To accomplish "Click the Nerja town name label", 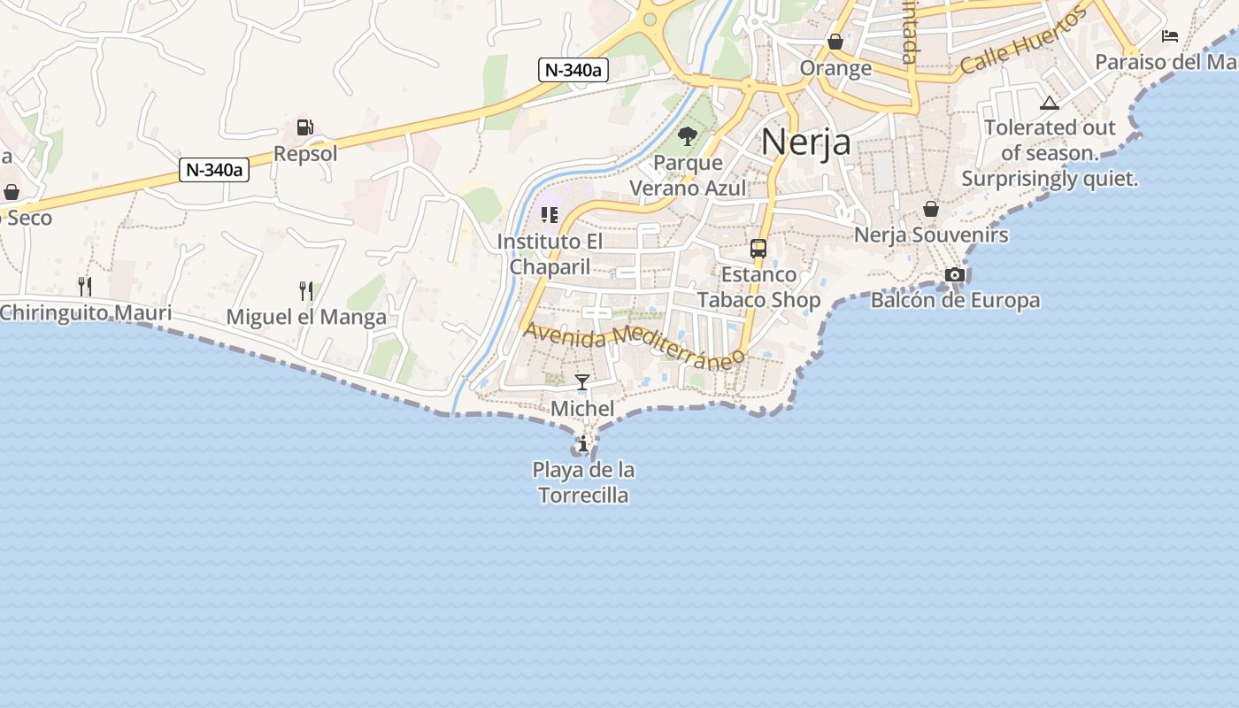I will coord(805,142).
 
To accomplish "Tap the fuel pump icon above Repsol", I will coord(304,127).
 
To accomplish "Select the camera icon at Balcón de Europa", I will coord(954,274).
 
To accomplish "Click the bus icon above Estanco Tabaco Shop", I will coord(758,249).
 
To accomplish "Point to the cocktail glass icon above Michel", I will coord(582,382).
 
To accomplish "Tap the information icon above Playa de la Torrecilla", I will coord(583,443).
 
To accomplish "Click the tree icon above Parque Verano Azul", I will coord(688,136).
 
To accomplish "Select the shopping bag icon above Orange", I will coord(835,42).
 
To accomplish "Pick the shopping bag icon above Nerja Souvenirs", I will coord(930,209).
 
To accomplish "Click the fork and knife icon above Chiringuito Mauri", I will coord(85,286).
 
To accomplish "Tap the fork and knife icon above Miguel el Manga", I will coord(306,290).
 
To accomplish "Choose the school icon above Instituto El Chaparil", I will coord(550,215).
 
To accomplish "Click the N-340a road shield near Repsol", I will coord(214,170).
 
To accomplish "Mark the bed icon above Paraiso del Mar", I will coord(1170,36).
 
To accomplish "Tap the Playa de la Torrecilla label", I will coord(584,482).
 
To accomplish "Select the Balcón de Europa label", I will coord(955,300).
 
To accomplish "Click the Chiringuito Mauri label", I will coord(86,312).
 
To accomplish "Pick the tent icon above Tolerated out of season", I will coord(1050,103).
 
